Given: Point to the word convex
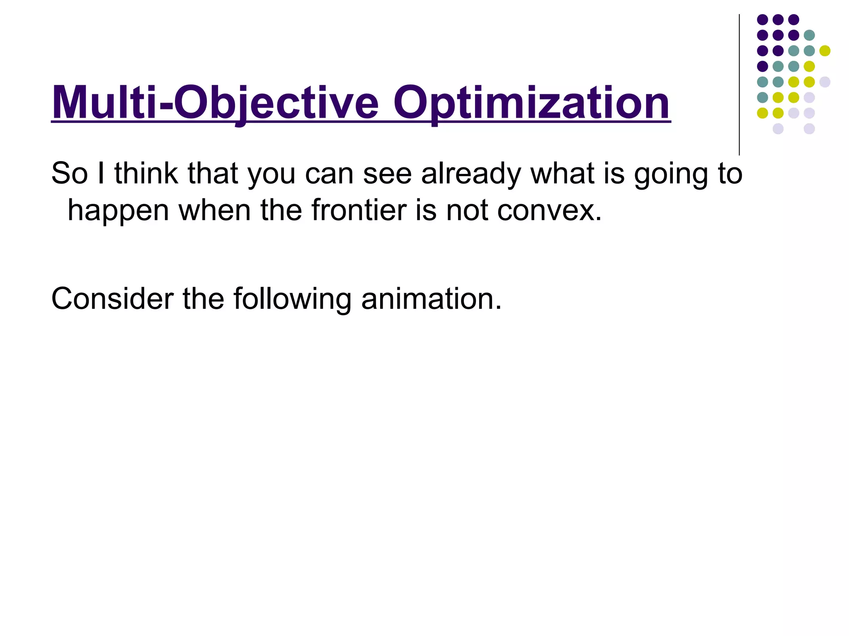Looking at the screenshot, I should (549, 210).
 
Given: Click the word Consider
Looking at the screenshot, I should (112, 299).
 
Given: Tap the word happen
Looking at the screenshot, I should (118, 210).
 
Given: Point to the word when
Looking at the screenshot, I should (215, 210).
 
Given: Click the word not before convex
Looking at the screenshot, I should (467, 210).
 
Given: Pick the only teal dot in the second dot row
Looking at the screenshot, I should (809, 35).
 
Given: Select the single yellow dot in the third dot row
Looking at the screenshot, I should (825, 51).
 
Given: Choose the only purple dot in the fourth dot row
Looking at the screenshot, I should (762, 66).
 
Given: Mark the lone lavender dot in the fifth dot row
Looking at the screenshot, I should (825, 82).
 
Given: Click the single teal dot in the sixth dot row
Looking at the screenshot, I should (762, 97).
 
